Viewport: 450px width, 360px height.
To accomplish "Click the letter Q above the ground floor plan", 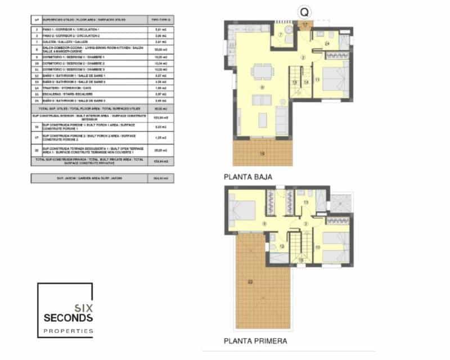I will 304,11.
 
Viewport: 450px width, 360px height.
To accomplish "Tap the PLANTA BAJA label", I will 248,177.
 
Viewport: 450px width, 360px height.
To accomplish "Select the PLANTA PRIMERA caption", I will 256,341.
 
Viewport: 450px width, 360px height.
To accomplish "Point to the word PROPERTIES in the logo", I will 69,331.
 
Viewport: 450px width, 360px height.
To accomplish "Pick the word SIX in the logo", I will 83,307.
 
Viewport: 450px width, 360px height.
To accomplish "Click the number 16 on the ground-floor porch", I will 262,152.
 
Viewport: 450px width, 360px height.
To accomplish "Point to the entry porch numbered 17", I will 305,25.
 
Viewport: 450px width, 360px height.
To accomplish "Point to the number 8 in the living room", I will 262,88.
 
